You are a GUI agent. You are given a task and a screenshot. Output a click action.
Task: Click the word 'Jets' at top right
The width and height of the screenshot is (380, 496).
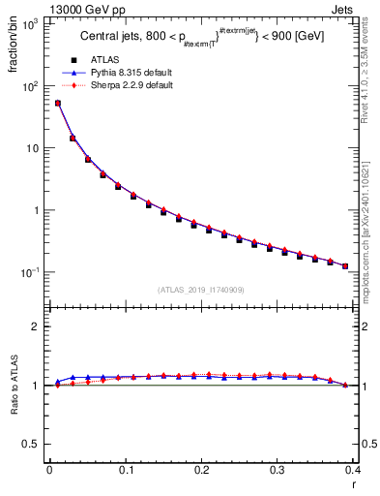(x=340, y=8)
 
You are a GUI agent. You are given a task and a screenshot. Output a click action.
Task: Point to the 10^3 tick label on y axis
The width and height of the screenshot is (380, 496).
(x=30, y=24)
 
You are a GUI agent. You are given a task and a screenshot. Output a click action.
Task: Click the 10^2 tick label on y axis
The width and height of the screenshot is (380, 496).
(x=30, y=86)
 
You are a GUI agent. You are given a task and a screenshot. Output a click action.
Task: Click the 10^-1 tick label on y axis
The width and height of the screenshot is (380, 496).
(x=29, y=272)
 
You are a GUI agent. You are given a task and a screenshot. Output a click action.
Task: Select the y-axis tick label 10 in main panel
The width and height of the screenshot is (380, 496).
(x=33, y=148)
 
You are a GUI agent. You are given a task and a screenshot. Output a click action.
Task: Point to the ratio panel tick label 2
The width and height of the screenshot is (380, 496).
(x=36, y=326)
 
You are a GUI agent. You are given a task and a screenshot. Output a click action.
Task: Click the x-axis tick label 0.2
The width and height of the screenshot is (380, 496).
(x=201, y=470)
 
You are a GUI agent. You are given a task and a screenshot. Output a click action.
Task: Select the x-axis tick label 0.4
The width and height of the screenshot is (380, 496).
(x=353, y=470)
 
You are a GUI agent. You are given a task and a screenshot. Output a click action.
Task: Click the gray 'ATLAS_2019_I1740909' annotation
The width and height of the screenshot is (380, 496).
(x=200, y=290)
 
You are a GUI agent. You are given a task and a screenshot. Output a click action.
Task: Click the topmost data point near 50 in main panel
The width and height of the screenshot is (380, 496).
(x=57, y=103)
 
